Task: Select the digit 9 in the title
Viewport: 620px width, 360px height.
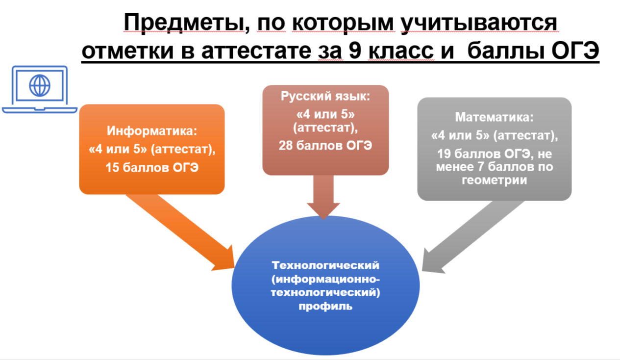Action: pyautogui.click(x=355, y=51)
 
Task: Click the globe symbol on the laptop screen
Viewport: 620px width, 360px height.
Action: pyautogui.click(x=40, y=85)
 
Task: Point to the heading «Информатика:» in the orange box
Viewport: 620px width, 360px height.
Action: pyautogui.click(x=152, y=130)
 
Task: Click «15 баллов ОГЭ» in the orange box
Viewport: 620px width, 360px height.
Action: pyautogui.click(x=152, y=168)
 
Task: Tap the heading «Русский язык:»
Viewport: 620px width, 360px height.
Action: pyautogui.click(x=325, y=96)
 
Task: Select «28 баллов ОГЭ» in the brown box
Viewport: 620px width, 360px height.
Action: pyautogui.click(x=325, y=145)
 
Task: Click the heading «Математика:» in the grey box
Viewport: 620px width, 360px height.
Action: pyautogui.click(x=495, y=117)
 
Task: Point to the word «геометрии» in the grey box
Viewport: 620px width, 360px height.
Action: pyautogui.click(x=495, y=180)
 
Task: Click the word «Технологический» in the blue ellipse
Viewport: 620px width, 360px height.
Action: pyautogui.click(x=325, y=265)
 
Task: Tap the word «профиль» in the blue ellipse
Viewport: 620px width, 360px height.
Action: pyautogui.click(x=325, y=306)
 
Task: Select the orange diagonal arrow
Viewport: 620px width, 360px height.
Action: pyautogui.click(x=180, y=232)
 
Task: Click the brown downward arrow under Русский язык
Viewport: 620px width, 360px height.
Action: pyautogui.click(x=323, y=197)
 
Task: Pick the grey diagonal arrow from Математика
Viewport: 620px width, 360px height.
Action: pyautogui.click(x=473, y=237)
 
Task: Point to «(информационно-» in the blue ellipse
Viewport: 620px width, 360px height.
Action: pyautogui.click(x=325, y=279)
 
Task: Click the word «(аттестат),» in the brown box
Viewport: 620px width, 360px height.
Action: pyautogui.click(x=325, y=128)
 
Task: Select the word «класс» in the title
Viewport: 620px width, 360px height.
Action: pyautogui.click(x=401, y=51)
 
